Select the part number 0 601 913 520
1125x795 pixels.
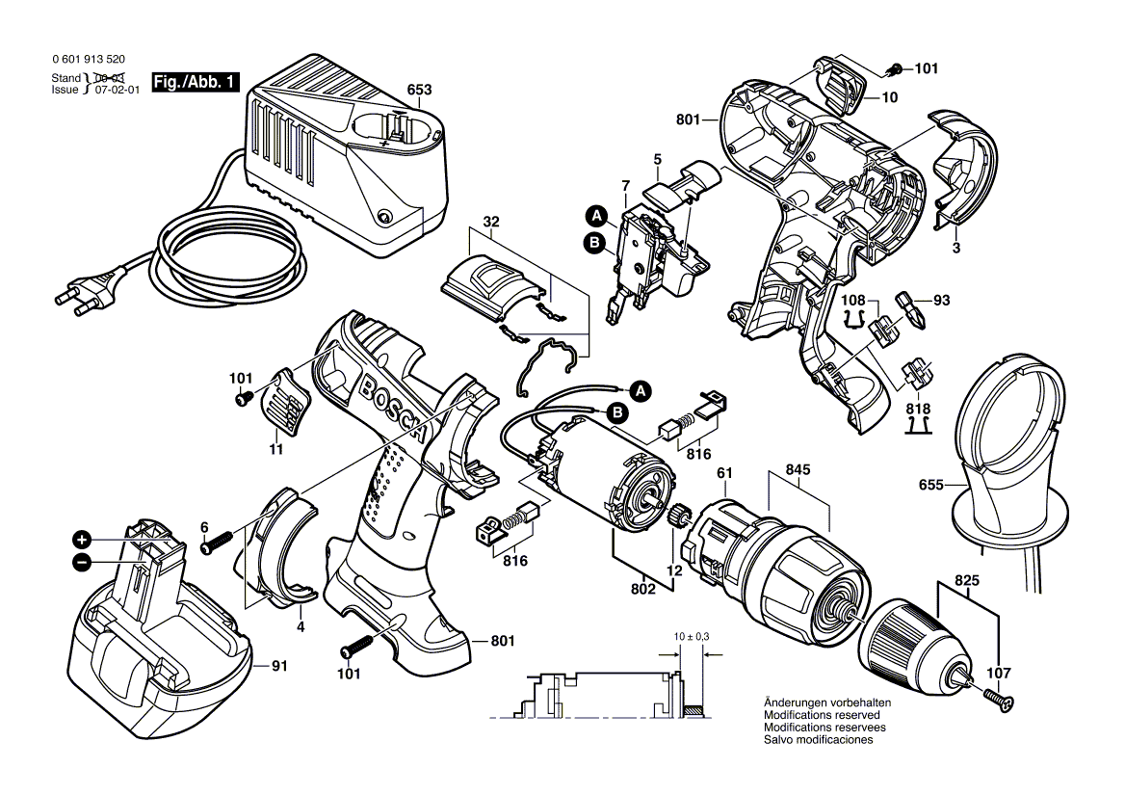click(91, 58)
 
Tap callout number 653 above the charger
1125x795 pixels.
click(419, 90)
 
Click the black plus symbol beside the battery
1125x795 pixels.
click(84, 539)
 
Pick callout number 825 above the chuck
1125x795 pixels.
click(969, 582)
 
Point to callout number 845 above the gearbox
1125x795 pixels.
click(798, 470)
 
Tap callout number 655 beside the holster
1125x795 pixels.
click(929, 488)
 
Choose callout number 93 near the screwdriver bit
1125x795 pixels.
click(941, 301)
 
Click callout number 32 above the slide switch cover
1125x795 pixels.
click(492, 221)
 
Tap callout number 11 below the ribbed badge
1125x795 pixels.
click(275, 449)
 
